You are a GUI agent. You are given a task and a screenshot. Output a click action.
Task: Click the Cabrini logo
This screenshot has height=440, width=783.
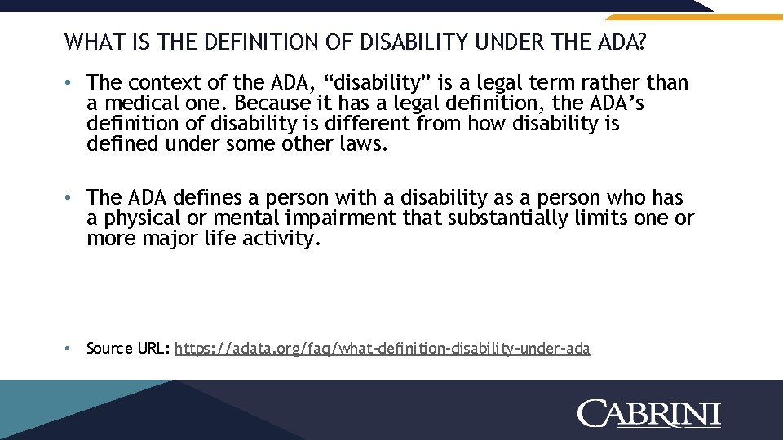click(649, 412)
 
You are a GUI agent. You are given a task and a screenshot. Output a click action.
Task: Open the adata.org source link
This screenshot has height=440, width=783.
click(383, 349)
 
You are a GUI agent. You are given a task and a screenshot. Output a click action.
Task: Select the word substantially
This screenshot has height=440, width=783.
click(502, 218)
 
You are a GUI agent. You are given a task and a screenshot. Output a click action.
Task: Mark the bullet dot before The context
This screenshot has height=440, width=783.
click(71, 83)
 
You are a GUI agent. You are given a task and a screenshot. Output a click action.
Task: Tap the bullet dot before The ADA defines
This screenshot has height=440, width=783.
click(71, 198)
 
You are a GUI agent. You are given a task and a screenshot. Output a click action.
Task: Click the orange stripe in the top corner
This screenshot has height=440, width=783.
click(693, 15)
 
